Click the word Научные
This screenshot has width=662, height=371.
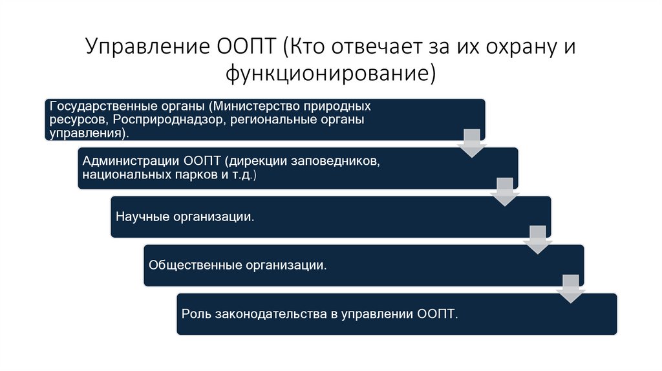142,217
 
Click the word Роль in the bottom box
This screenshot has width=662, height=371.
193,314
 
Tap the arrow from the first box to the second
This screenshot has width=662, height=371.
471,143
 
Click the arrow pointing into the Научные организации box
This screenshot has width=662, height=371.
504,191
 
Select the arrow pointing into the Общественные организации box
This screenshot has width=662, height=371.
537,240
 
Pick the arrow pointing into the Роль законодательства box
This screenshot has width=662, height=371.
570,288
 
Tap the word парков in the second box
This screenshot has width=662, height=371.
192,175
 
